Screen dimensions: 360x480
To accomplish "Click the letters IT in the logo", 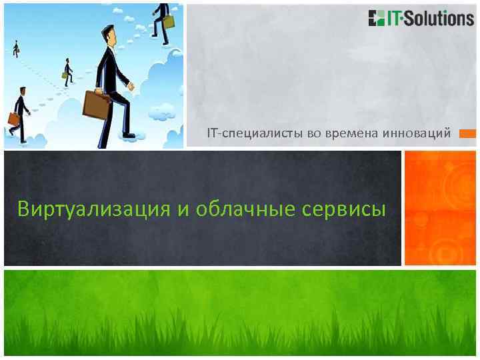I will click(396, 18).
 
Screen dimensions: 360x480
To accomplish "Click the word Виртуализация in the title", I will click(94, 209).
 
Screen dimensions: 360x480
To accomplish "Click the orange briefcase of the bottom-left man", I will click(13, 119).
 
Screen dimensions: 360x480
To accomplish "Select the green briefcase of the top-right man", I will click(168, 21).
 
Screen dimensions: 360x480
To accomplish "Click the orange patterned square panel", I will click(440, 207).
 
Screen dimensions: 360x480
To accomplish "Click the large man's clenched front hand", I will click(131, 86).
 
